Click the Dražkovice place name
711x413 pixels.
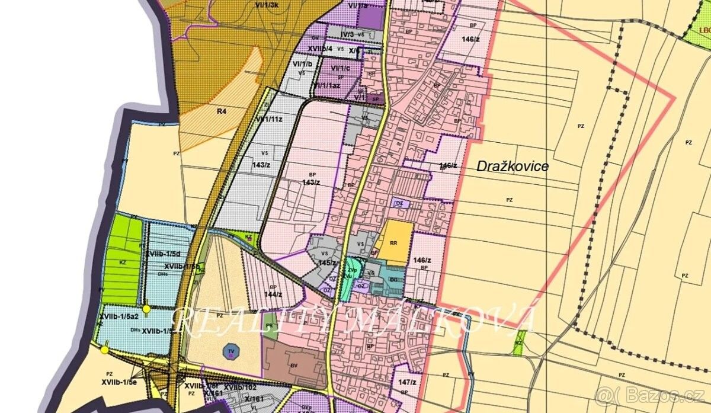513,167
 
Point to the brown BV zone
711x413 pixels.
294,366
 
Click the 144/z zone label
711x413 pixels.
273,294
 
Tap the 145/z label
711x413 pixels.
327,262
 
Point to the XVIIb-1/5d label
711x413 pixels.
163,253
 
